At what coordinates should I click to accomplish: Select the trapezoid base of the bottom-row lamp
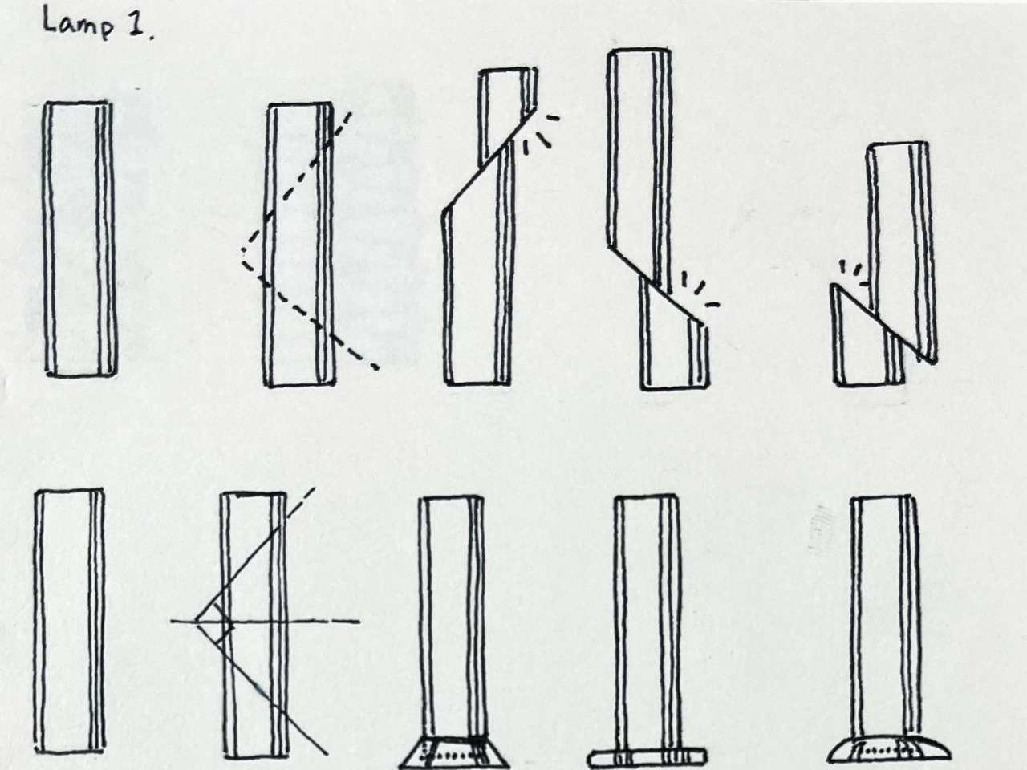454,751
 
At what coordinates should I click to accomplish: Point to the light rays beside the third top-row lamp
542,133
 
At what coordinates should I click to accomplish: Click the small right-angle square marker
224,622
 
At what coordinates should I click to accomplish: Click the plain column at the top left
79,238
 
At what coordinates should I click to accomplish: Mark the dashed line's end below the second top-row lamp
375,367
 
